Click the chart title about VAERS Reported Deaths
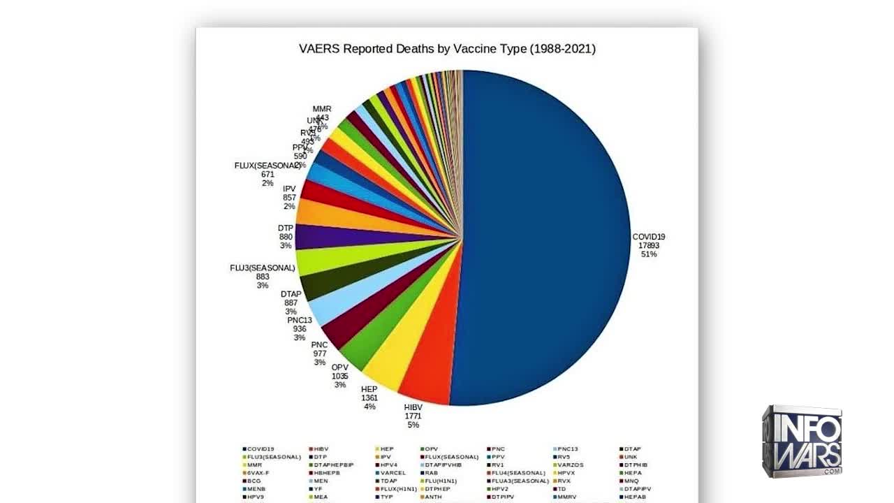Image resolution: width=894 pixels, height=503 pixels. coord(447,49)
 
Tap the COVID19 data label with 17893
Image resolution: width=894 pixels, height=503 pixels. coord(648,245)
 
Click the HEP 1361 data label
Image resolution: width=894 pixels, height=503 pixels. coord(369,398)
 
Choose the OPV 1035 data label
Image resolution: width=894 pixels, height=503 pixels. coord(339,376)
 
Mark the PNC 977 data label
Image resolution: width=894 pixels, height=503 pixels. coord(319,353)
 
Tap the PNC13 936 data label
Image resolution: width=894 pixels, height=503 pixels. coord(300,329)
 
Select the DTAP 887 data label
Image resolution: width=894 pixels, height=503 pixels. coord(291,302)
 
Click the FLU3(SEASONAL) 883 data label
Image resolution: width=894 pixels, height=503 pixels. coord(263,277)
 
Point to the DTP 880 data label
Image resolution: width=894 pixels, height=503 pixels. coord(285,237)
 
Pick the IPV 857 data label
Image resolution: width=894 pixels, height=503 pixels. coord(289,198)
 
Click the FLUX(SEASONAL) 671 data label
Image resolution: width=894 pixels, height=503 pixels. coord(268,174)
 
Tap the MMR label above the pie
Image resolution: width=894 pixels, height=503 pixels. coord(322,110)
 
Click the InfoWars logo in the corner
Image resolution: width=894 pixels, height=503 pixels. coord(801,441)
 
